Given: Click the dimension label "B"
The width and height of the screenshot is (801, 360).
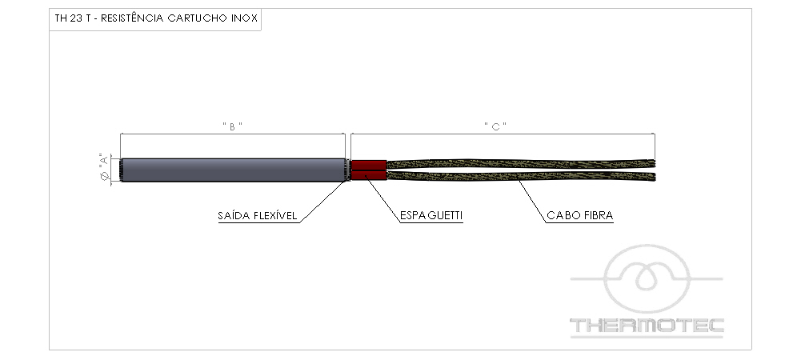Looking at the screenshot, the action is pos(232,126).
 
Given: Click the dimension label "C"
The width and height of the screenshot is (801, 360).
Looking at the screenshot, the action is pos(495,126).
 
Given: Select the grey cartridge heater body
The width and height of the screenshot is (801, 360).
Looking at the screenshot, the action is pos(233,170).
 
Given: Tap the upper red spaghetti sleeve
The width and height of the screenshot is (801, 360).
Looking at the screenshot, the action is pos(369,165).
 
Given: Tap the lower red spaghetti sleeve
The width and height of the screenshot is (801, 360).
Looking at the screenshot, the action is pos(369,176).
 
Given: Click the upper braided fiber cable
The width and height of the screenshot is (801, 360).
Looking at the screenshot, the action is pos(521,164).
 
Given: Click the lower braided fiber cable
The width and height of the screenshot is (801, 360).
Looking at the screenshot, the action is pos(521,176).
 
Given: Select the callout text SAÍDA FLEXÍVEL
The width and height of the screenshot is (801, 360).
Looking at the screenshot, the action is pos(258,216).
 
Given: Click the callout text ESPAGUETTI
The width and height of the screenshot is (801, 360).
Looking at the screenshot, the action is pos(431,216).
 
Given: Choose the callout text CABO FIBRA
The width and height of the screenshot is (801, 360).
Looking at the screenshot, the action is pos(580,216).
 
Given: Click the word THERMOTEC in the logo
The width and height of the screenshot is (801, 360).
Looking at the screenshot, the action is pos(647,326).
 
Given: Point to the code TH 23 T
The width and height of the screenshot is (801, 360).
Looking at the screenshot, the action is pos(73,19).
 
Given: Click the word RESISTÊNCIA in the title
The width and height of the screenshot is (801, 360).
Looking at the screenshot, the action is pos(132,19).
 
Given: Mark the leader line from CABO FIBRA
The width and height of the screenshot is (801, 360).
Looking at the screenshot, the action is pos(533,201).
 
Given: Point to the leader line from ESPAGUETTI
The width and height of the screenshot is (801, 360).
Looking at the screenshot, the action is pos(383,201).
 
